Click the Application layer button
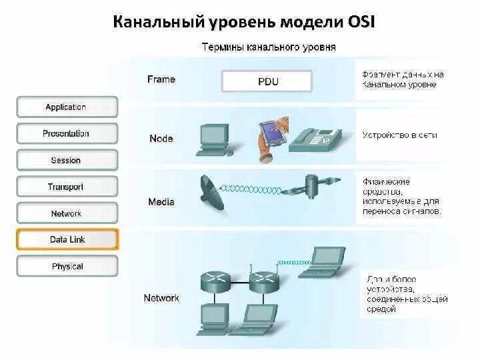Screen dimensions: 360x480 coord(66,107)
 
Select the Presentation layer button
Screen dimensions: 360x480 coord(66,133)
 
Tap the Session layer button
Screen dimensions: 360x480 coord(66,160)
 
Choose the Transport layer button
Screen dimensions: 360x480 coord(66,187)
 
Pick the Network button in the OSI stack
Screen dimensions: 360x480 coord(66,213)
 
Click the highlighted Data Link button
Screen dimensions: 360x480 coord(67,239)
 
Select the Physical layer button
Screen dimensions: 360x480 coord(67,266)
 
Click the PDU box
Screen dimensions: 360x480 coord(267,82)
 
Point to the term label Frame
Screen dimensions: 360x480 coord(161,79)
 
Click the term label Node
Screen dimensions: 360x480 coord(161,139)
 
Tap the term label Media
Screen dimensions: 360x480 coord(161,201)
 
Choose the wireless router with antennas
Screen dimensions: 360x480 coord(263,281)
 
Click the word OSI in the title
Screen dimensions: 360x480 coord(359,22)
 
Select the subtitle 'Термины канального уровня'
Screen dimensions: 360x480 coord(269,47)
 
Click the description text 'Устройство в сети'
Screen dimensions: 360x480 coord(399,135)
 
